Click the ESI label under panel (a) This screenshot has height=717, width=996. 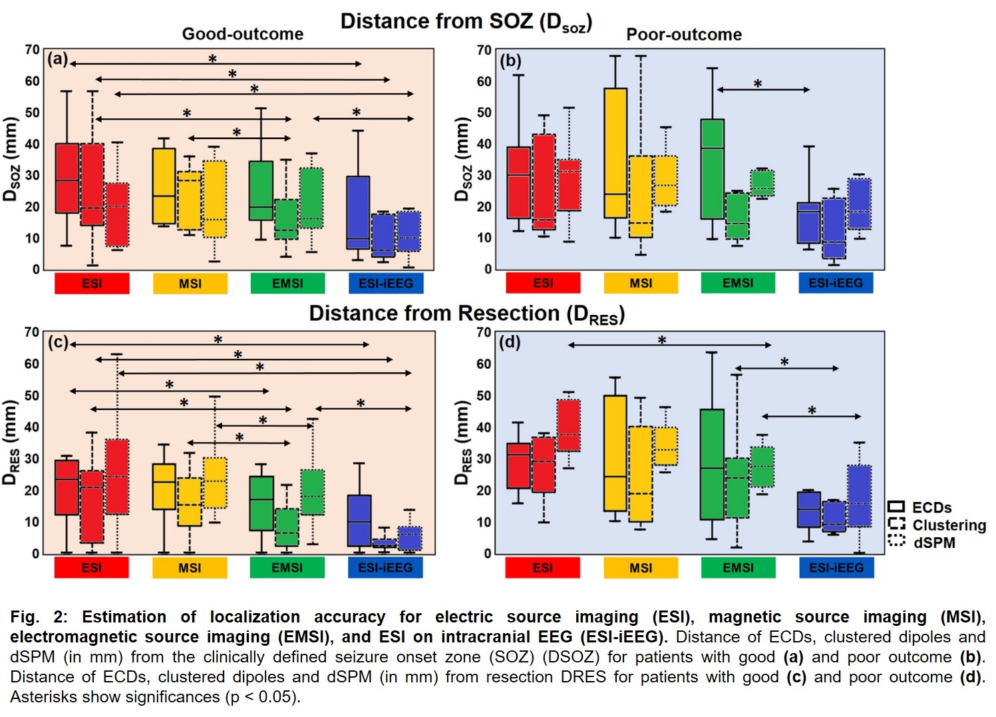click(92, 284)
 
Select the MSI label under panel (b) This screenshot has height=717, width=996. click(641, 284)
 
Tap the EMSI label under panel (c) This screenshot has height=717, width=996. click(287, 568)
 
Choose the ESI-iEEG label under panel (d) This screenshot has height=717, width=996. click(836, 568)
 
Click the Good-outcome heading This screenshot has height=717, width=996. click(243, 34)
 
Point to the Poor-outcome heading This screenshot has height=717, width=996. click(684, 35)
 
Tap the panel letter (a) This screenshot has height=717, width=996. click(58, 59)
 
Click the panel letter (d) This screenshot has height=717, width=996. click(510, 342)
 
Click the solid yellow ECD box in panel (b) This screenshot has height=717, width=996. click(615, 153)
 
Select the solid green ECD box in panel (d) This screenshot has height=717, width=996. click(712, 464)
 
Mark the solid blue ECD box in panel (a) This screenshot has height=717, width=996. click(358, 212)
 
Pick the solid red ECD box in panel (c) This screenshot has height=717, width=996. click(67, 487)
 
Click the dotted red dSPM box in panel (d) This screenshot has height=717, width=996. click(568, 425)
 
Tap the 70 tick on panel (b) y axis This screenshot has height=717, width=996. click(484, 51)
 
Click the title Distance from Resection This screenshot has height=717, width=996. click(466, 314)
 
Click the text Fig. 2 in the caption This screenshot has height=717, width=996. click(34, 617)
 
